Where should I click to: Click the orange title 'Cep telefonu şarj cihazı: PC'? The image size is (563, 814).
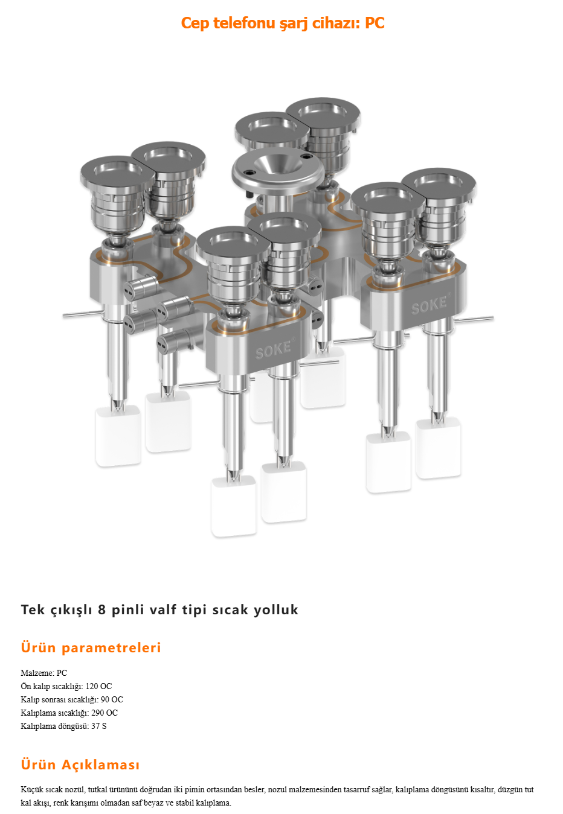point(283,23)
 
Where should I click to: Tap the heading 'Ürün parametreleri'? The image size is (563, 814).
point(91,647)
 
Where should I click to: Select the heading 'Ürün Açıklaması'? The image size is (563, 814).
point(80,764)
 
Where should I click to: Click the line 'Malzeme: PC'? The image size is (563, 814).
point(44,673)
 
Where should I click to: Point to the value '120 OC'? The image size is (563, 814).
point(98,686)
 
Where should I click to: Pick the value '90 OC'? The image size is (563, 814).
point(112,699)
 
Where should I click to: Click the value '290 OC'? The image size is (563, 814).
point(105,713)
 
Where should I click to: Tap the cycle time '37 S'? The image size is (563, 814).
point(99,726)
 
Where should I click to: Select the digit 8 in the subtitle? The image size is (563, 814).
point(102,609)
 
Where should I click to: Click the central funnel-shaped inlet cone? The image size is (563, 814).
point(278,163)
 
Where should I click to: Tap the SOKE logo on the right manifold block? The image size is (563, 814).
point(429,305)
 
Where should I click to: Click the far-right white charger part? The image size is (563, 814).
point(438,449)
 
